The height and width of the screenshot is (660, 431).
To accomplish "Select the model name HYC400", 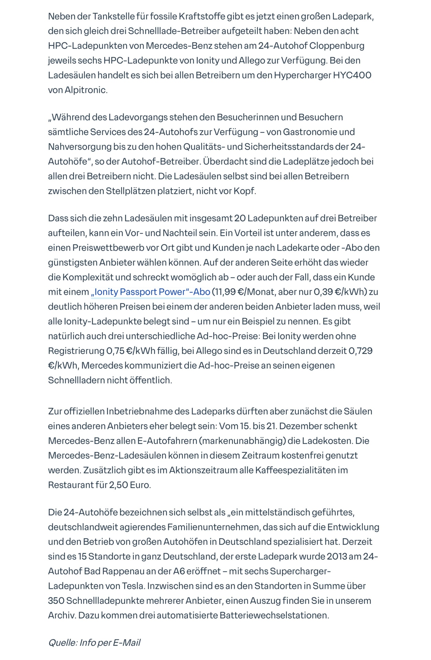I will coord(352,75).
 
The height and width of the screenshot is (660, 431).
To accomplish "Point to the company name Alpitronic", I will coord(86,90).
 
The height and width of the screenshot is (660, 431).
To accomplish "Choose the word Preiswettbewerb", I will coord(120,248).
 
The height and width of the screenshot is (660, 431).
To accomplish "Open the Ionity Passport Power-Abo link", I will coord(150,292).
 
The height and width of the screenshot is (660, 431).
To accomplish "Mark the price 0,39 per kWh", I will coord(323,292).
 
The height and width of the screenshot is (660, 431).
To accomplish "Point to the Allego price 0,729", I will coord(360,351).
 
